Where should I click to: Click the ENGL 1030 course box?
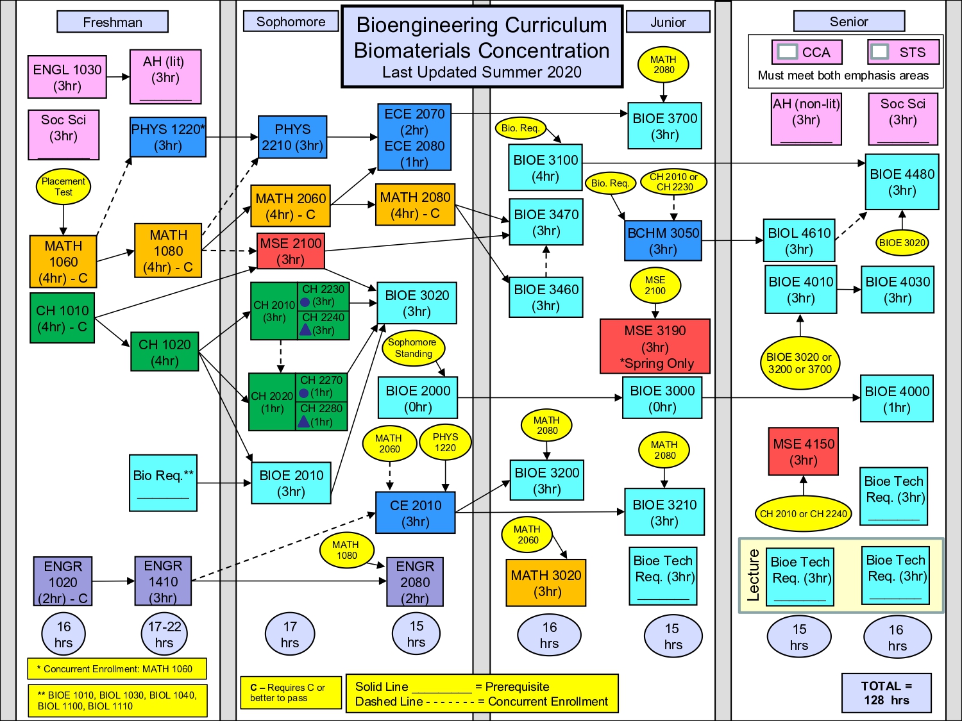(67, 77)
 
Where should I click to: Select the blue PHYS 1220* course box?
(168, 137)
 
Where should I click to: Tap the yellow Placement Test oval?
(63, 186)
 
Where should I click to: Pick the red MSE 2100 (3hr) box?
(291, 251)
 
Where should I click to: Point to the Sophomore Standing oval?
(414, 347)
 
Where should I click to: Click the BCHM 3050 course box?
(663, 241)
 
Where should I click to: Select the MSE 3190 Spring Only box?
(655, 347)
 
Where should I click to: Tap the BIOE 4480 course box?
(902, 182)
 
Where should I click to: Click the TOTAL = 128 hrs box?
(886, 693)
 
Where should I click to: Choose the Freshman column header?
(112, 22)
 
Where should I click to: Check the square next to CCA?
(787, 52)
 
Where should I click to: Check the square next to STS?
(880, 52)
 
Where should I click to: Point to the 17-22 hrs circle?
(164, 634)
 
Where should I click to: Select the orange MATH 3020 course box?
(546, 583)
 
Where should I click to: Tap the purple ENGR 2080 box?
(415, 582)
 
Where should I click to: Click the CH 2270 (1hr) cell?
(322, 386)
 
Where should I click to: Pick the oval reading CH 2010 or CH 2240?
(803, 513)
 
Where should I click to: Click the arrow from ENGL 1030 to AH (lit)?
(118, 77)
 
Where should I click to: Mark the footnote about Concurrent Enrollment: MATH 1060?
(117, 669)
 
